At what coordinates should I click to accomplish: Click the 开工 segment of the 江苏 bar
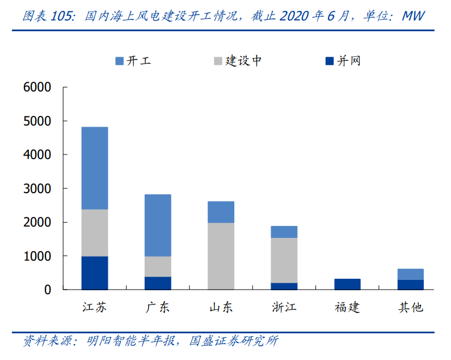tap(94, 168)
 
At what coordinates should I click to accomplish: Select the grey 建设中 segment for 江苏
tap(94, 233)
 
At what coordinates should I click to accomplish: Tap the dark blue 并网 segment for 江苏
tap(94, 273)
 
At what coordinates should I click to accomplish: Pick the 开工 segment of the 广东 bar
tap(157, 225)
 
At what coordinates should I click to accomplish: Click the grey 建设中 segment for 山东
tap(221, 256)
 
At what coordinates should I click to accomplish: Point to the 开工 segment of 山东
tap(221, 212)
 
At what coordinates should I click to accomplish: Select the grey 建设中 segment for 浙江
tap(284, 260)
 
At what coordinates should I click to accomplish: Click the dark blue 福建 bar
tap(347, 284)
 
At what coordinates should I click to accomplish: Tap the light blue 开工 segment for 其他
tap(410, 274)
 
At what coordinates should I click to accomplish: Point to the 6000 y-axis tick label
tap(37, 87)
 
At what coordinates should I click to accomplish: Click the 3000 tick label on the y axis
tap(37, 189)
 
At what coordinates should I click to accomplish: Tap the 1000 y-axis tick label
tap(37, 256)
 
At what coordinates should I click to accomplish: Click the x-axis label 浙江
tap(284, 308)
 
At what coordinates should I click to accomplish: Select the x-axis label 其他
tap(410, 308)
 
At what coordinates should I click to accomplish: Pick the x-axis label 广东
tap(157, 308)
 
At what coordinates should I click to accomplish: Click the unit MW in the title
tap(413, 15)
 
